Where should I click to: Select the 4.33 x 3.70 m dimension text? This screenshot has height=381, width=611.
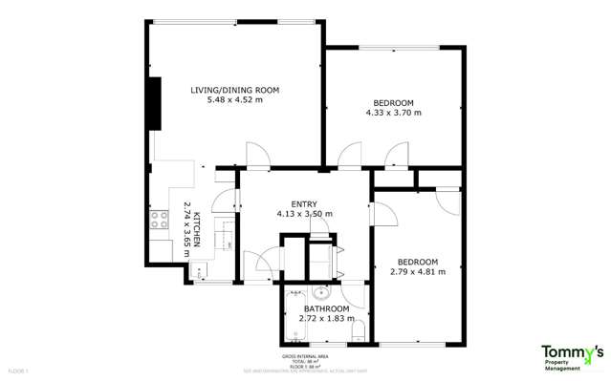393,113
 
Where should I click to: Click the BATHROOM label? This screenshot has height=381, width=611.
326,309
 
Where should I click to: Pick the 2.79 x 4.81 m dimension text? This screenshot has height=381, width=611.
418,271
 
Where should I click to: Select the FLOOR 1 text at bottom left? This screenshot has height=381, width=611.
18,368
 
